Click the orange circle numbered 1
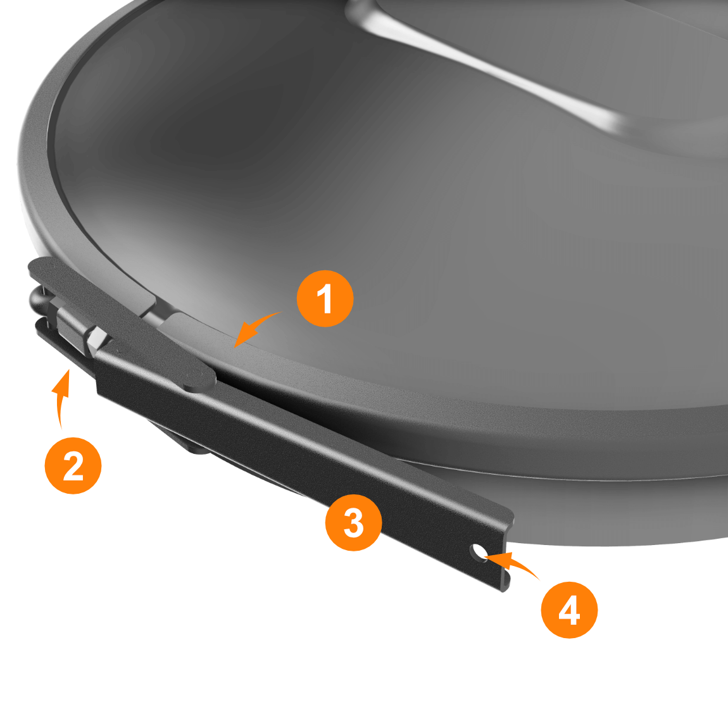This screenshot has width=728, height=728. coord(325,299)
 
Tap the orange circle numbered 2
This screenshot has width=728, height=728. coord(73,465)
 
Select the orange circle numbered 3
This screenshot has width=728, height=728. coord(354,522)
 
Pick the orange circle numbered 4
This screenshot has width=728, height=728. coord(569,610)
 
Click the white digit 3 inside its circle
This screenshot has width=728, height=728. coord(354,523)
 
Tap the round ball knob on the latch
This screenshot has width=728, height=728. coord(38,298)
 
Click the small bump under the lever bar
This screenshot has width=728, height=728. coord(199,448)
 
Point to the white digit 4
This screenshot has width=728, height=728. coord(569,610)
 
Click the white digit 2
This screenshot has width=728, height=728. coord(73,466)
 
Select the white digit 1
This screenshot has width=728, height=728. coord(325,299)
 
